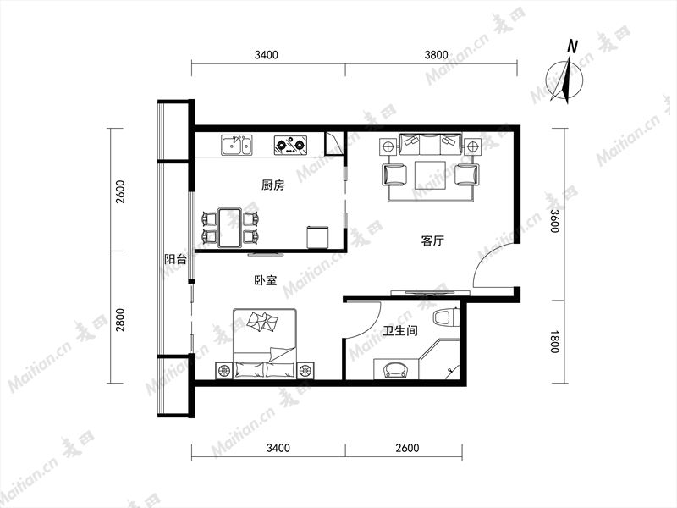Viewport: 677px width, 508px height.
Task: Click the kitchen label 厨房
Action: click(x=272, y=185)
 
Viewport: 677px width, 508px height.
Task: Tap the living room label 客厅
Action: click(x=432, y=240)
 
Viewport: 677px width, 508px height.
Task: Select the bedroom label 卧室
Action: click(x=265, y=280)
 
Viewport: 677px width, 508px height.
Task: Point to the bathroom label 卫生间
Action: click(x=400, y=331)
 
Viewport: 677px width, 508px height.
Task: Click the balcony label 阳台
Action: click(x=176, y=259)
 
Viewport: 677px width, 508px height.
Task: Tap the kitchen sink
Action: click(x=237, y=145)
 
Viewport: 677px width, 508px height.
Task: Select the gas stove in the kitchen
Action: click(x=290, y=145)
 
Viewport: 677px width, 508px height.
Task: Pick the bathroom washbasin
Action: click(x=396, y=370)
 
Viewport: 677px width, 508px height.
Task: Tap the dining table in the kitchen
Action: click(x=229, y=228)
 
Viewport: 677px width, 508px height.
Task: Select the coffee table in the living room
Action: click(x=430, y=175)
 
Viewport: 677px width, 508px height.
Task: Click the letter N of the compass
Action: click(x=573, y=47)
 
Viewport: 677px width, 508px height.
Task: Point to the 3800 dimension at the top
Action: click(x=436, y=55)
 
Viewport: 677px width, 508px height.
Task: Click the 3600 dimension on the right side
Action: click(x=554, y=221)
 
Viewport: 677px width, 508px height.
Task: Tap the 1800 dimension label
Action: click(x=554, y=342)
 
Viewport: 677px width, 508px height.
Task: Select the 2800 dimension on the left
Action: click(x=120, y=320)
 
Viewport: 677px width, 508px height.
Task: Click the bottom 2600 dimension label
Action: click(x=407, y=448)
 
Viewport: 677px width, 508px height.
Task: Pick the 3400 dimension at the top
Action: click(x=267, y=55)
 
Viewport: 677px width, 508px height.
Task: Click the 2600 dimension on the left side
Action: click(x=120, y=192)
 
